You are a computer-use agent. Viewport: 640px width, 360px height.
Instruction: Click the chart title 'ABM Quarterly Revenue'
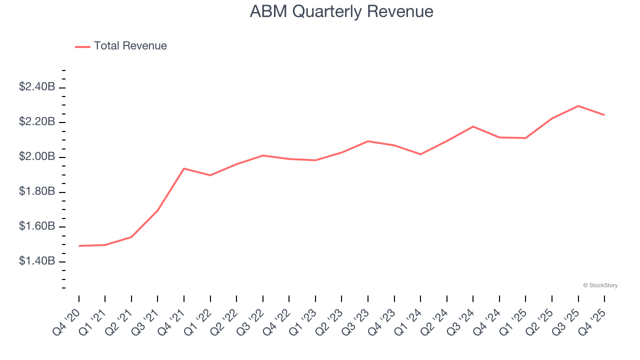341,11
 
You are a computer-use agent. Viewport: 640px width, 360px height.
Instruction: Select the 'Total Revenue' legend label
130,46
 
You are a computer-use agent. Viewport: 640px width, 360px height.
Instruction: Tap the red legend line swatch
82,46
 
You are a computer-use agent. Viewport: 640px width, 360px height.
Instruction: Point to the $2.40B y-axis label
37,87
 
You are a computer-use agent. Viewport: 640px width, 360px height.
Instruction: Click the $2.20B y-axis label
37,122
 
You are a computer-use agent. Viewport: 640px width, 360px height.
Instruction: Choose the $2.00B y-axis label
37,157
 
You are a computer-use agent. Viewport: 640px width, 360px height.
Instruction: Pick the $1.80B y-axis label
37,191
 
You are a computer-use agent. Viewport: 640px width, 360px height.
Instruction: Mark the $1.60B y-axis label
37,226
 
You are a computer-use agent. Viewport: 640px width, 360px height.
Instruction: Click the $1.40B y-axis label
37,261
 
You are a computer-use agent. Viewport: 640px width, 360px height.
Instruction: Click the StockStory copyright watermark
600,285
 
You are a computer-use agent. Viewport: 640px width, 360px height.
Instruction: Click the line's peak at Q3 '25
578,106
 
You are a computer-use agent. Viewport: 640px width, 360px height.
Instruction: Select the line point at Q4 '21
184,168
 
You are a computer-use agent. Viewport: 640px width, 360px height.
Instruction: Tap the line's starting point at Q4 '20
79,246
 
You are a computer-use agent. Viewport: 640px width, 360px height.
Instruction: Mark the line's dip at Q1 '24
420,154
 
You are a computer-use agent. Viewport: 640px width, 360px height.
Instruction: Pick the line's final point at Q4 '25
604,115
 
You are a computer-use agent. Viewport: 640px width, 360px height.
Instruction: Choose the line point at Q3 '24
473,126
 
